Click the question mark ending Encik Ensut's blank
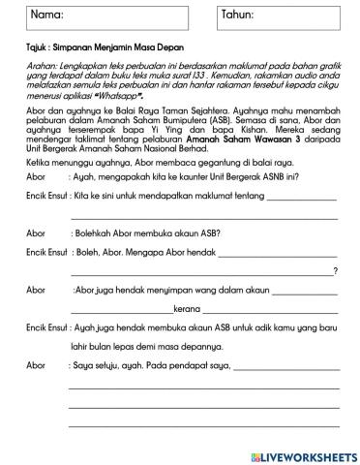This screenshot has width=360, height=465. tap(335, 270)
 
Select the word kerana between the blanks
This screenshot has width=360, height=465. tap(185, 309)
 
